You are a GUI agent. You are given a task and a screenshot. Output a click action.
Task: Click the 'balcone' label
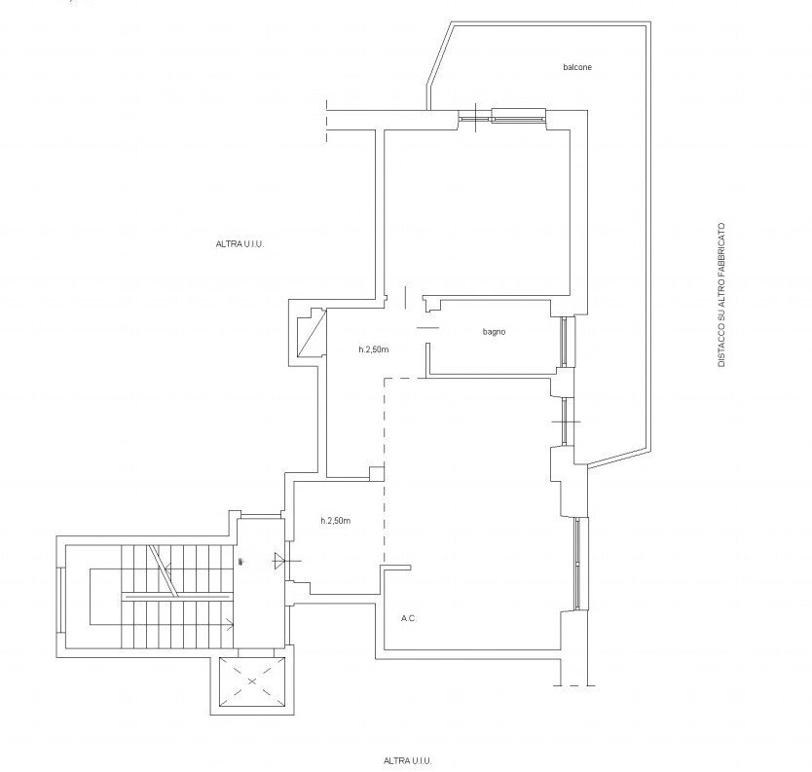tap(577, 67)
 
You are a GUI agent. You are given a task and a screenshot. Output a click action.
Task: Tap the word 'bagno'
tap(494, 332)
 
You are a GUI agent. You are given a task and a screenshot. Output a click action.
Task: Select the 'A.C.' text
tap(409, 618)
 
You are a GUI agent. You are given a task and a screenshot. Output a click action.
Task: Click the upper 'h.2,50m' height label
tap(373, 349)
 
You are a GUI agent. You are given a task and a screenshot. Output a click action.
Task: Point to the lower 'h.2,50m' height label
tap(336, 521)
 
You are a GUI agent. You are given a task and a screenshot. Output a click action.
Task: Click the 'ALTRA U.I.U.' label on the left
tap(240, 244)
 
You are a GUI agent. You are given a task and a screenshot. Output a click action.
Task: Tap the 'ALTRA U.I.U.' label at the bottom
tap(408, 760)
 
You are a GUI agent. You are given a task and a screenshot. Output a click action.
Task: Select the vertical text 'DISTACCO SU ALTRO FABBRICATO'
tap(721, 295)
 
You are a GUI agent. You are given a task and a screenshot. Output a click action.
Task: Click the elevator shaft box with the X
tap(252, 681)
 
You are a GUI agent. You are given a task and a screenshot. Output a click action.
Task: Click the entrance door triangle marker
tap(279, 560)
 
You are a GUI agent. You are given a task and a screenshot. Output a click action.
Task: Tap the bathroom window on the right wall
tap(564, 342)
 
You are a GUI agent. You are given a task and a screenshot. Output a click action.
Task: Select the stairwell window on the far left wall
tap(60, 600)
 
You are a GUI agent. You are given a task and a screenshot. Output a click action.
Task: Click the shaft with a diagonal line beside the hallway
tap(312, 333)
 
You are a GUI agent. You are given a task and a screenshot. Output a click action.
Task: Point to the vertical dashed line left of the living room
tap(384, 471)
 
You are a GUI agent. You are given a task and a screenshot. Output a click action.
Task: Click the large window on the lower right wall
tap(578, 563)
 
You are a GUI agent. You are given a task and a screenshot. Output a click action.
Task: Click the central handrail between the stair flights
tap(176, 598)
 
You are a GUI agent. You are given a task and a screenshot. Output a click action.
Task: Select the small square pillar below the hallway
tap(377, 474)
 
